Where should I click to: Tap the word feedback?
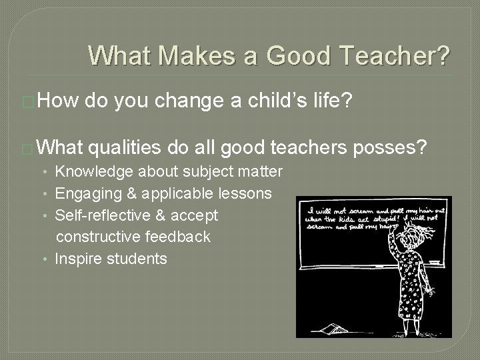click(x=181, y=237)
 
